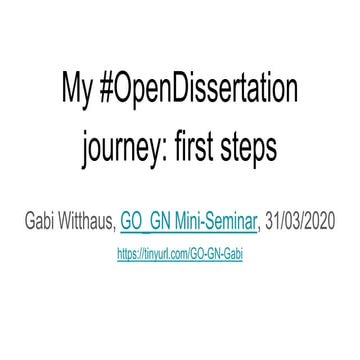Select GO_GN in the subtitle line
click(144, 220)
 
